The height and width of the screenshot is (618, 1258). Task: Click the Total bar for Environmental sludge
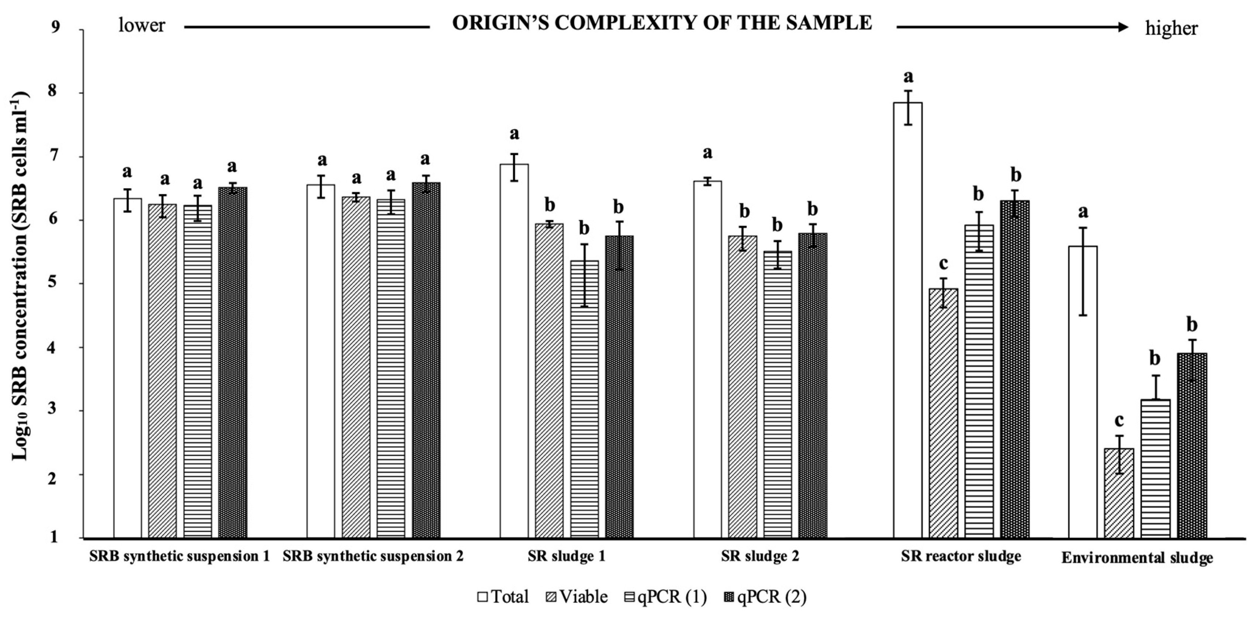pos(1083,391)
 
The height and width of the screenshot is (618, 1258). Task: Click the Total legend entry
pos(503,597)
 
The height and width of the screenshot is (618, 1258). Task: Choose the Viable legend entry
pos(576,597)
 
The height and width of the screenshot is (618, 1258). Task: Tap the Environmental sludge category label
pos(1137,558)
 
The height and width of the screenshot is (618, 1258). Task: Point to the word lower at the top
pos(142,25)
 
